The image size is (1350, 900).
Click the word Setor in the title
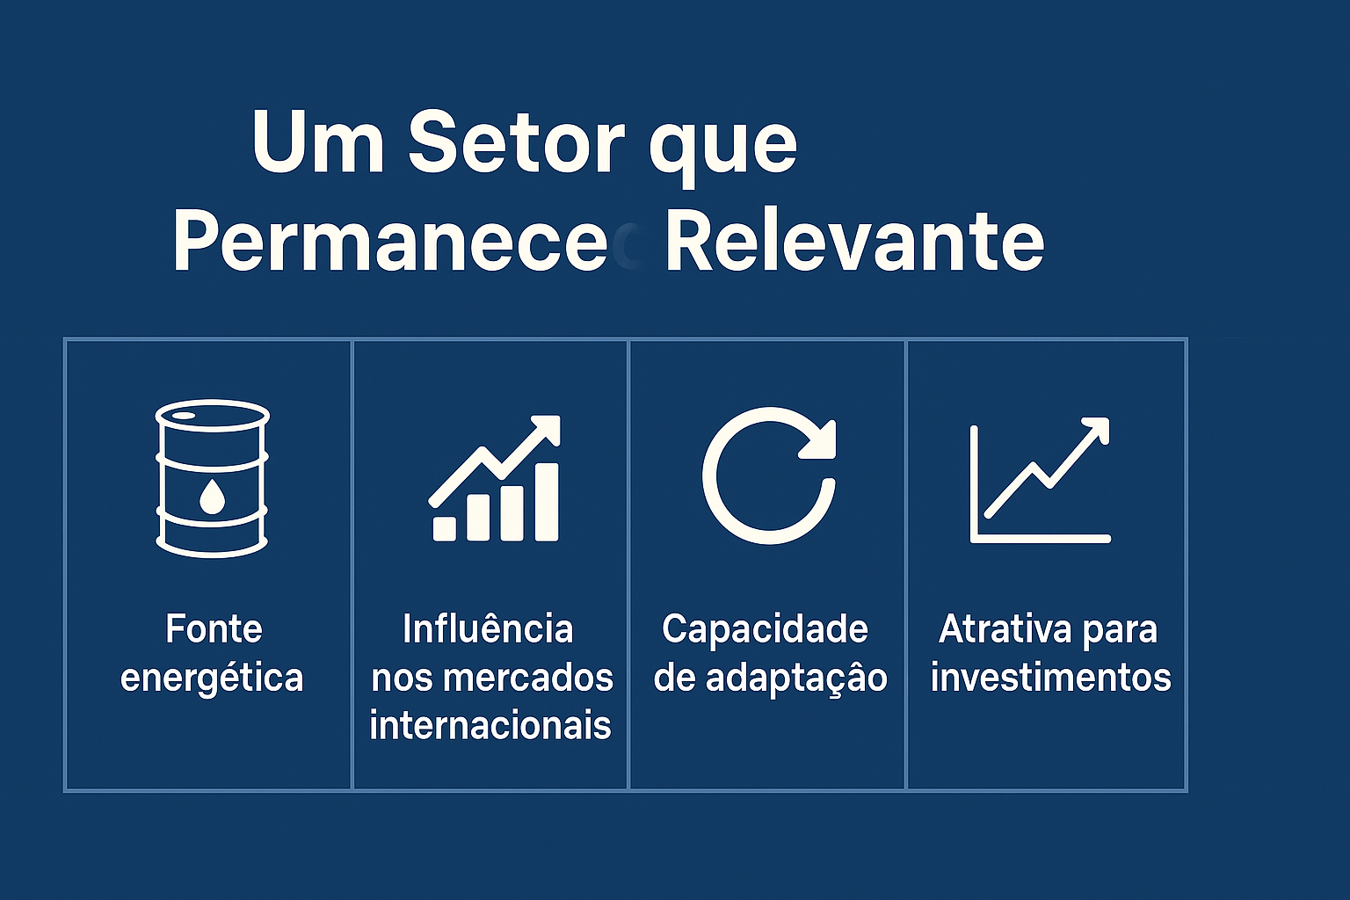point(516,142)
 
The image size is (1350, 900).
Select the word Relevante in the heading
point(854,242)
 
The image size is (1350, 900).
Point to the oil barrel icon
point(212,479)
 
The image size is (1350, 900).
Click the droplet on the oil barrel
point(212,497)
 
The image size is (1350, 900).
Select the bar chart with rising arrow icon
point(495,479)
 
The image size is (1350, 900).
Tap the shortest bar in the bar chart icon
point(445,527)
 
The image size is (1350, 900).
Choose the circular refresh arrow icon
point(769,475)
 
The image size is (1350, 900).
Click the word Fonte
point(214,629)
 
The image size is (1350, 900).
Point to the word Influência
point(488,629)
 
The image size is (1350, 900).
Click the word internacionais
point(490,726)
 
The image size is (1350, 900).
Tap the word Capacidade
point(765,629)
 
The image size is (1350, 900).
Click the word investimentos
point(1051,678)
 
